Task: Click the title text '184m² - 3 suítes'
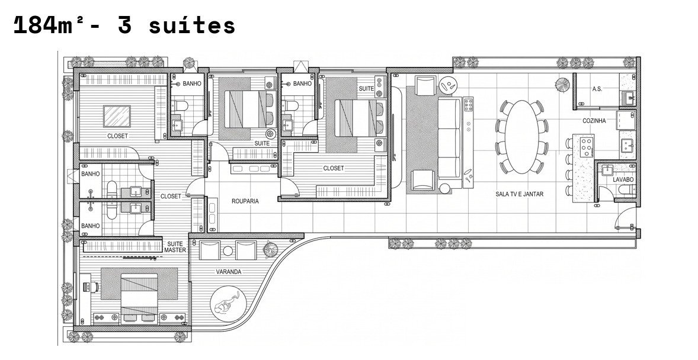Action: pyautogui.click(x=124, y=26)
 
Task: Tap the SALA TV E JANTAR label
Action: pyautogui.click(x=520, y=194)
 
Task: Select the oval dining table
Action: pyautogui.click(x=522, y=137)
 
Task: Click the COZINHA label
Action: pyautogui.click(x=594, y=121)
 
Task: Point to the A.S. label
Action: pyautogui.click(x=597, y=89)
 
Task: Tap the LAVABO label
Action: pyautogui.click(x=623, y=180)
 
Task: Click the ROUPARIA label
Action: pyautogui.click(x=245, y=201)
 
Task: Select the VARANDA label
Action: pyautogui.click(x=228, y=271)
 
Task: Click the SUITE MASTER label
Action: pyautogui.click(x=175, y=247)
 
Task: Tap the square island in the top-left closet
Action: pyautogui.click(x=117, y=116)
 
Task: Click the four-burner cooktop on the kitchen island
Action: pyautogui.click(x=587, y=147)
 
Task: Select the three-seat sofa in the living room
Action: pyautogui.click(x=449, y=139)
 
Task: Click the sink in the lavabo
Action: pyautogui.click(x=607, y=169)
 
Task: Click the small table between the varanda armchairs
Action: pyautogui.click(x=228, y=251)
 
